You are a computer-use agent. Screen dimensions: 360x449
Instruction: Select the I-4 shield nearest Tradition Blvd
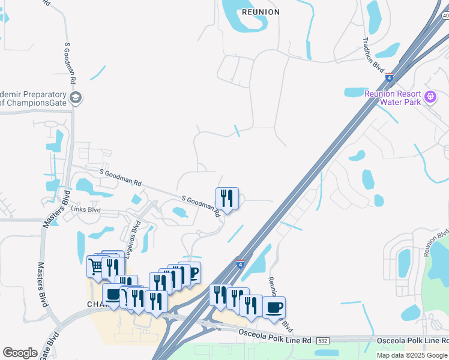coord(389,77)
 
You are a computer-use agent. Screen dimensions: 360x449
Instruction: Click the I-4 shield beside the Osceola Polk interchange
coord(240,263)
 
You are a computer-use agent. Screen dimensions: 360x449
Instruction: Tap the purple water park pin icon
coord(430,97)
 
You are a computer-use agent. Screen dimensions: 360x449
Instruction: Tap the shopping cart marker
coord(96,266)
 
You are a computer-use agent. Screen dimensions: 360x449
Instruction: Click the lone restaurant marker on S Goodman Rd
coord(227,197)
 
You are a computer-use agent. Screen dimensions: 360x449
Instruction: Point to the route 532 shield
coord(322,340)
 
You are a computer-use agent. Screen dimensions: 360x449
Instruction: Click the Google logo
coord(20,353)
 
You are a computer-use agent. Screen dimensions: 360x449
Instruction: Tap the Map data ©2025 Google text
coord(411,355)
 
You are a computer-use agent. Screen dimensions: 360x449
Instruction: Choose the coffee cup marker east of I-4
coord(274,307)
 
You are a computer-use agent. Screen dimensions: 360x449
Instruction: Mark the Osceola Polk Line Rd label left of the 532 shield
coord(274,340)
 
